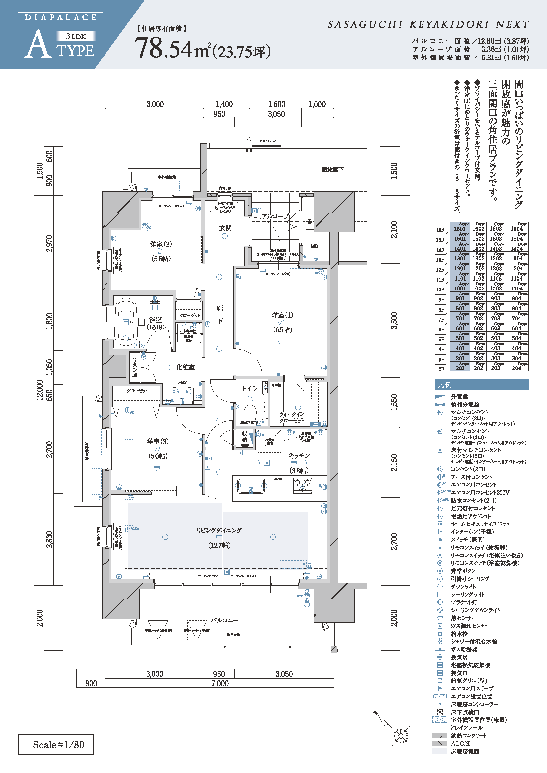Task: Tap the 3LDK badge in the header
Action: click(76, 36)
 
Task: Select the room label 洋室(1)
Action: click(282, 315)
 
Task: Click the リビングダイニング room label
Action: click(219, 531)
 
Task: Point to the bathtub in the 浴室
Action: click(126, 322)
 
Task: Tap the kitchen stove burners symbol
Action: click(303, 485)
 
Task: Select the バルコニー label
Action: click(225, 620)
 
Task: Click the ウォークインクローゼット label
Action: click(292, 417)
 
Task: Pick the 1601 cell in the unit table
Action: click(460, 229)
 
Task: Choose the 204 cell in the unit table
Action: click(516, 368)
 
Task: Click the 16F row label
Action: click(440, 230)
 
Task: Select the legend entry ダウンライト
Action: click(463, 587)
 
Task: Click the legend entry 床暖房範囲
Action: click(465, 752)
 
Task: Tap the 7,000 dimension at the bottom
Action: click(220, 684)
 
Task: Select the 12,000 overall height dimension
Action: click(40, 390)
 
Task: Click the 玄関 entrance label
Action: click(225, 228)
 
